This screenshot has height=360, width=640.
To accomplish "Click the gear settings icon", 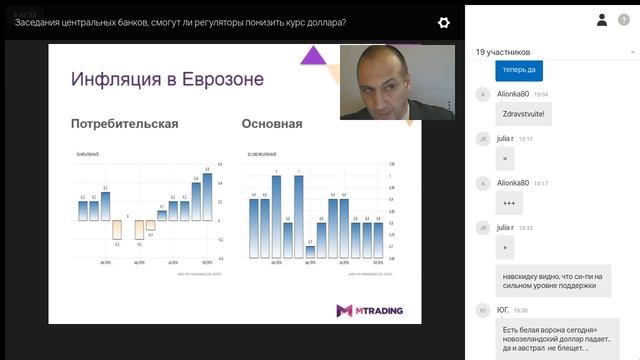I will click(443, 22).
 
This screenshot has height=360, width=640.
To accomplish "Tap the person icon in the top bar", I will click(602, 19).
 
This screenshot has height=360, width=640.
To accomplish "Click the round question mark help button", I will click(625, 20).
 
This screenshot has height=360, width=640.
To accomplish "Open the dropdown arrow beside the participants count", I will click(631, 52).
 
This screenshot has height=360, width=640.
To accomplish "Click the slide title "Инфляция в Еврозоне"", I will click(166, 78).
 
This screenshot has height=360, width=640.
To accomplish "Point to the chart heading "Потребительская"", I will click(124, 124).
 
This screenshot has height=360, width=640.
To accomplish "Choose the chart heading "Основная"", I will click(272, 124).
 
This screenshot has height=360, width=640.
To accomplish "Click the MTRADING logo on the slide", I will click(370, 310).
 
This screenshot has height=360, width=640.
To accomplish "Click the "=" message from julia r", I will click(506, 158).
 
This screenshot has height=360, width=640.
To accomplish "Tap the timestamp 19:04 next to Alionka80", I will click(541, 95).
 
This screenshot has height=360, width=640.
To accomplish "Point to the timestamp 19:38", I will click(520, 311).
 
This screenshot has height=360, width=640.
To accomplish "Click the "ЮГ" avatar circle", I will click(483, 311).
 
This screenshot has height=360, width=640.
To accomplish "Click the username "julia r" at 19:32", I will click(506, 227).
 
